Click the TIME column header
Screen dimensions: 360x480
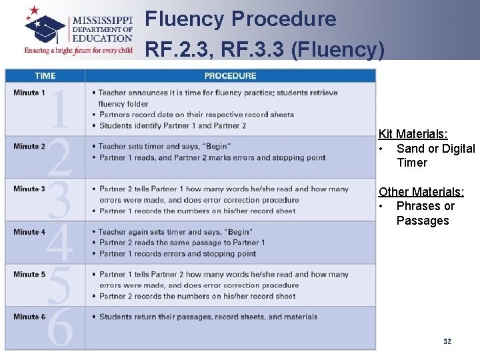coord(45,75)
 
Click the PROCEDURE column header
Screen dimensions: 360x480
coord(230,75)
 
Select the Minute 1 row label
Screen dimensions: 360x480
coord(29,93)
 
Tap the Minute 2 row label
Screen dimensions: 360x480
coord(29,147)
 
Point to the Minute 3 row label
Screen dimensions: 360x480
coord(29,189)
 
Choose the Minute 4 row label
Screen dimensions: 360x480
coord(29,232)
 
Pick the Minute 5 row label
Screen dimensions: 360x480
coord(29,275)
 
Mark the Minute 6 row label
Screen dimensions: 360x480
coord(29,317)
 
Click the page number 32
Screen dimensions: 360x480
coord(447,341)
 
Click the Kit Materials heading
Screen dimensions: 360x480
coord(417,134)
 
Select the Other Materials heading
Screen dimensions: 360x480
coord(421,192)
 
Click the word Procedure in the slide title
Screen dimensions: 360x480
coord(284,19)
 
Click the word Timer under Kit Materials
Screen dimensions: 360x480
coord(412,163)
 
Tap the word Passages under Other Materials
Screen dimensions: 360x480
coord(423,221)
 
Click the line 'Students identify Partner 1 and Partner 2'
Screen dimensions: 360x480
coord(172,125)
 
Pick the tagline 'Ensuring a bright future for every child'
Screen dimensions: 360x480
coord(78,50)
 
